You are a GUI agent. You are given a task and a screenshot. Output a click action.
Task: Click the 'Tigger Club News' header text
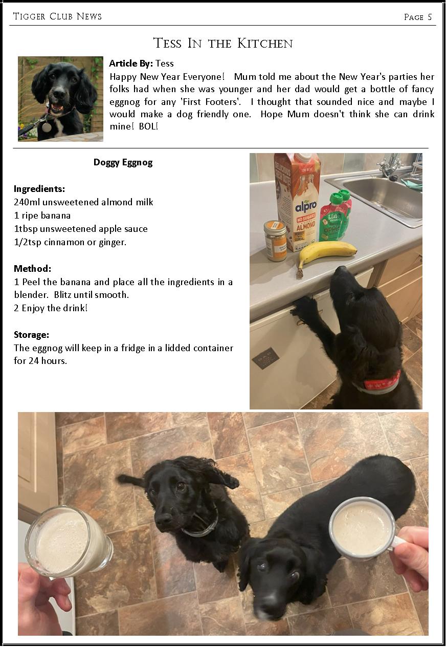pyautogui.click(x=57, y=16)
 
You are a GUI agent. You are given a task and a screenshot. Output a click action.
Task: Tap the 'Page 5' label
pyautogui.click(x=417, y=17)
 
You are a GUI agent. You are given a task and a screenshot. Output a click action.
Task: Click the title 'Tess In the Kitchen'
pyautogui.click(x=223, y=43)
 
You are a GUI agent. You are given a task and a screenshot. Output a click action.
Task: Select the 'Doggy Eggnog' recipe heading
pyautogui.click(x=123, y=162)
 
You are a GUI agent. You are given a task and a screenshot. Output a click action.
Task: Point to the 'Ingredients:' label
pyautogui.click(x=39, y=189)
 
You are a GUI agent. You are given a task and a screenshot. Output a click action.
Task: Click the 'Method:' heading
pyautogui.click(x=32, y=268)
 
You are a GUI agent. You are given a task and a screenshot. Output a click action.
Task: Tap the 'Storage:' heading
pyautogui.click(x=31, y=335)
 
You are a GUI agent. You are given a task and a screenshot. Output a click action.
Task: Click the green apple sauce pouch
pyautogui.click(x=334, y=218)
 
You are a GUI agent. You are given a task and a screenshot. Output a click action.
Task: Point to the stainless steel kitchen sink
pyautogui.click(x=384, y=197)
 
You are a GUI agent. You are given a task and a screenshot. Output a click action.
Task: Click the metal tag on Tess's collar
pyautogui.click(x=47, y=126)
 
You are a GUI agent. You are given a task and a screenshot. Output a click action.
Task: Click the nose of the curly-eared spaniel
pyautogui.click(x=164, y=520)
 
